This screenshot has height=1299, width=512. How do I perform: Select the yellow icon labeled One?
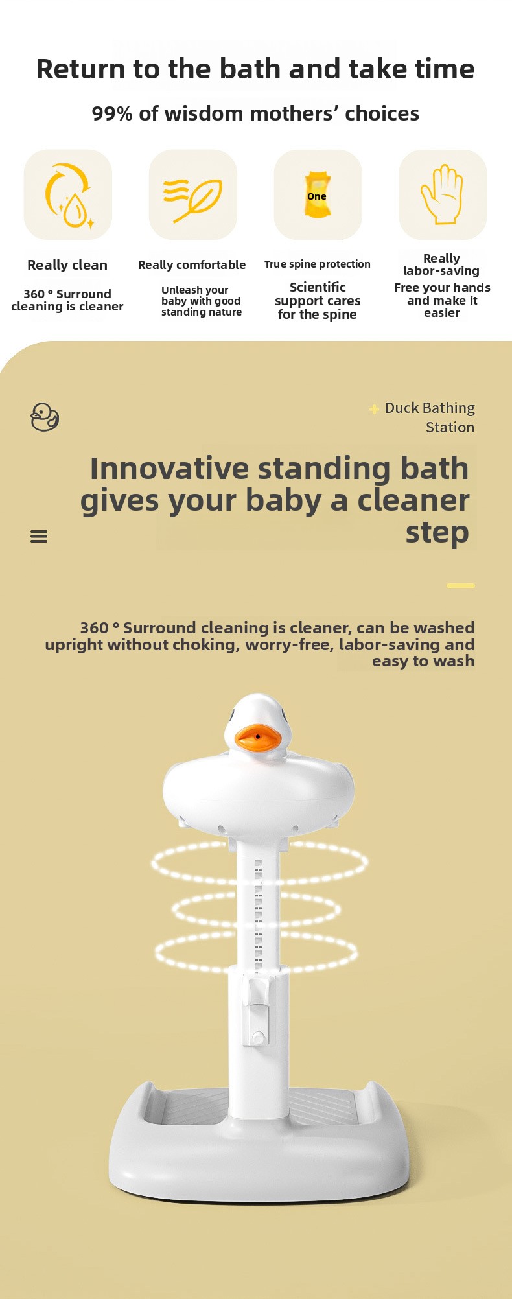coord(317,194)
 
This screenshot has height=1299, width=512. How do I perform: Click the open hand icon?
coord(443,194)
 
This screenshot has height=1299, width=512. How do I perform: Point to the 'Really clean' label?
coord(67,265)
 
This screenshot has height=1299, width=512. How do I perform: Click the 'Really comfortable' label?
coord(192,265)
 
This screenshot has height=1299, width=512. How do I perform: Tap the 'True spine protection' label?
coord(318,264)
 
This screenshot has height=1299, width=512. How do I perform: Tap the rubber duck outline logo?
coord(45,417)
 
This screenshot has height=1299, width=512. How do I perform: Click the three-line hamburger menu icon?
coord(39,536)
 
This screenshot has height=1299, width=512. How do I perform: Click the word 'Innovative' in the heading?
coord(169,468)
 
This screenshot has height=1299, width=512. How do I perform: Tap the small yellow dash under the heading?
coord(461,585)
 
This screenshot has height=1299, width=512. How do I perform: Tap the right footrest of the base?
coord(323,1106)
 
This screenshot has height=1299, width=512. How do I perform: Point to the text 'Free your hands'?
coord(442,288)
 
